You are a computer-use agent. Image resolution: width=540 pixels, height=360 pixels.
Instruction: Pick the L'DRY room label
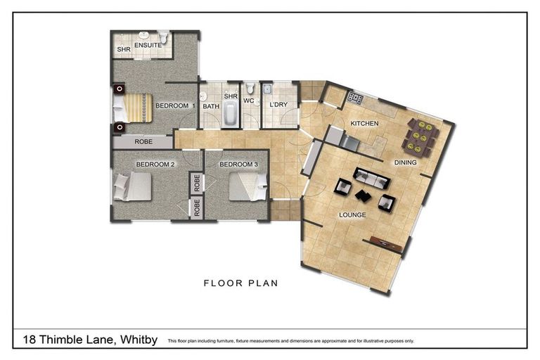click(x=278, y=105)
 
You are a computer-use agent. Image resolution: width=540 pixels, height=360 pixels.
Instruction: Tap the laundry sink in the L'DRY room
click(x=266, y=89)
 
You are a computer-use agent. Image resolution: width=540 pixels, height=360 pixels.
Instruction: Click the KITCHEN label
click(x=364, y=124)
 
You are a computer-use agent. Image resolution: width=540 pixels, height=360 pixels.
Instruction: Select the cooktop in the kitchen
click(x=354, y=98)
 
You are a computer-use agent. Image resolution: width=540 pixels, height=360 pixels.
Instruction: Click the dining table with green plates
click(x=420, y=137)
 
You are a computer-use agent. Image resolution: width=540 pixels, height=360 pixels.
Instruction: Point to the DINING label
click(x=405, y=162)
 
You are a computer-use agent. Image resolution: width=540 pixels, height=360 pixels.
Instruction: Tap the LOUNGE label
click(x=352, y=214)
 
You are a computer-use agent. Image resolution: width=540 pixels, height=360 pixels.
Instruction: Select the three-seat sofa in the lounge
click(x=371, y=178)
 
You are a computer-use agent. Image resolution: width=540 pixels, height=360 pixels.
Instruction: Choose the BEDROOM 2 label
click(x=155, y=164)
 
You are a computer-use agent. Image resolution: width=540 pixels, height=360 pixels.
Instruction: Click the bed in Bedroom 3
click(x=247, y=185)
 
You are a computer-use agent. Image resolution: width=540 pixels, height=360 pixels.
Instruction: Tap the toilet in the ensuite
click(x=163, y=37)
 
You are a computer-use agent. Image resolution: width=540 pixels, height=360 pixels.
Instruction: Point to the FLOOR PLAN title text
click(x=241, y=284)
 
